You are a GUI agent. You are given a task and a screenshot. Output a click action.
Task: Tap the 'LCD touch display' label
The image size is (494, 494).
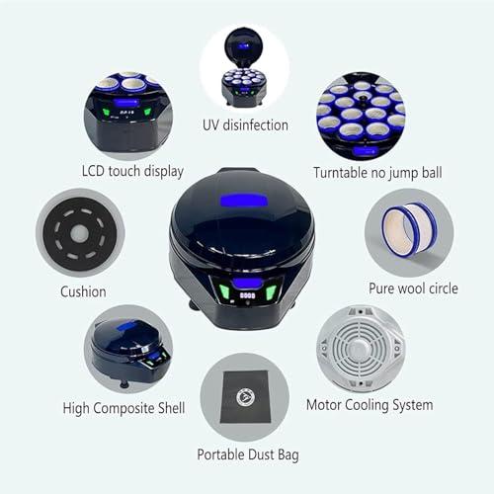click(132, 171)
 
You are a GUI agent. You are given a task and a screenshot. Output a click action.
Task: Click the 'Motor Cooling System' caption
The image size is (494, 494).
click(370, 405)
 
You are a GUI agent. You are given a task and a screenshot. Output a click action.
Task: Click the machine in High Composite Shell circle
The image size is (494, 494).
click(126, 350)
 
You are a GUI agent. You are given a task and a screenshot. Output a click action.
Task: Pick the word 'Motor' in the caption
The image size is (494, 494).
click(327, 405)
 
